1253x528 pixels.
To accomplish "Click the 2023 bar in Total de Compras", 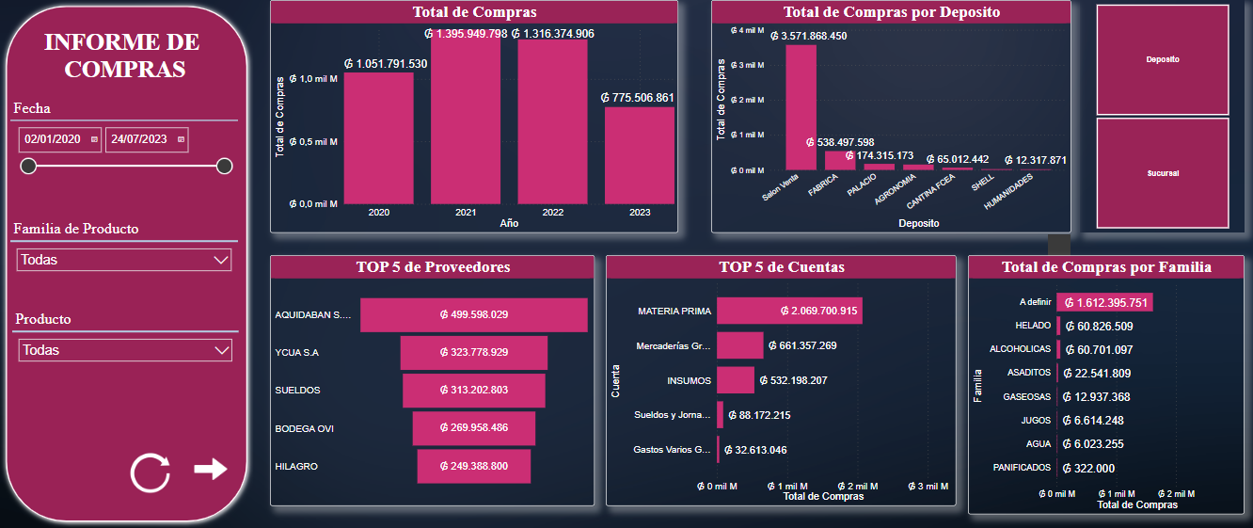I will (x=640, y=155).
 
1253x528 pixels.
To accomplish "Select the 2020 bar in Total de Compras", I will (x=378, y=138).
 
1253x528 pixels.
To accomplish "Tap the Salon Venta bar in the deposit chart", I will (x=801, y=106).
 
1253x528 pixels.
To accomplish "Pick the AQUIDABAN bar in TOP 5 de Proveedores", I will (x=473, y=314).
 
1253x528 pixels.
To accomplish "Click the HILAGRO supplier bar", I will (x=473, y=467).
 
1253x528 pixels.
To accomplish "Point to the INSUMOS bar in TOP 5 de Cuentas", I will (x=735, y=380).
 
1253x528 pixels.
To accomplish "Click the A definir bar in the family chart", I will (x=1104, y=302).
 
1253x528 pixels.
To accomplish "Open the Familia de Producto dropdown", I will (x=124, y=260).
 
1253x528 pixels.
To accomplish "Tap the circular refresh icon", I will (x=151, y=472).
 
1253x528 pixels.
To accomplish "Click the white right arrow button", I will (x=211, y=469).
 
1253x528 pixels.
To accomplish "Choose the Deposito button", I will (x=1163, y=59).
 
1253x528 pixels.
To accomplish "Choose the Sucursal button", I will (x=1163, y=173).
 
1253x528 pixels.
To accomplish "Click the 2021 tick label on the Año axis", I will (x=466, y=213).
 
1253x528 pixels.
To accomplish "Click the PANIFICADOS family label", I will (x=1021, y=467).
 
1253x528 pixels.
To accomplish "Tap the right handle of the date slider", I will (x=224, y=167).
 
